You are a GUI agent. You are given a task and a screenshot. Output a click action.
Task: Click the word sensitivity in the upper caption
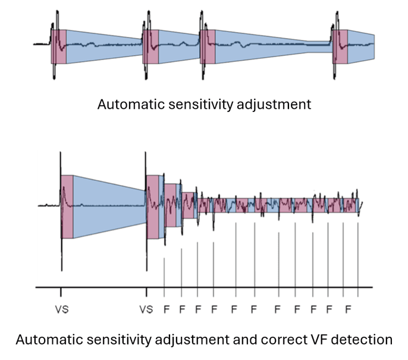tap(192, 105)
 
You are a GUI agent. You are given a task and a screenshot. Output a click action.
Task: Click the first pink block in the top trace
tap(59, 46)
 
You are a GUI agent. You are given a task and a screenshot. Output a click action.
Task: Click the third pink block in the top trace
tap(208, 46)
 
